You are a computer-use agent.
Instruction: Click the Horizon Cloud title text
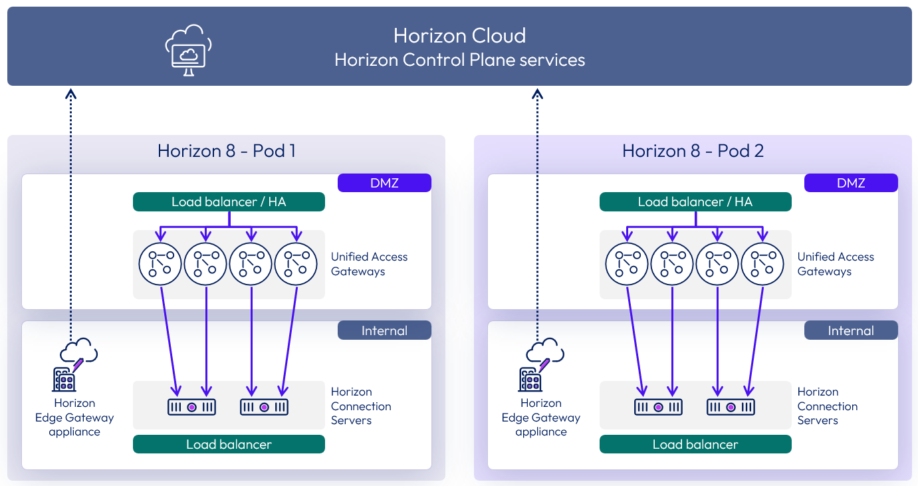click(459, 35)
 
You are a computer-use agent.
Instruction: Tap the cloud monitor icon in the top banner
click(188, 49)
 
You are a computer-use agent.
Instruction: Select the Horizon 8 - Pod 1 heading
click(227, 151)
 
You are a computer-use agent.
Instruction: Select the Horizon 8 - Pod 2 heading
click(693, 151)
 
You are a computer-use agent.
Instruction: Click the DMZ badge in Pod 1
click(384, 183)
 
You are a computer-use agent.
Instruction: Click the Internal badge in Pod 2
click(851, 330)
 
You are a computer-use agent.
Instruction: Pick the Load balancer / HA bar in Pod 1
click(229, 202)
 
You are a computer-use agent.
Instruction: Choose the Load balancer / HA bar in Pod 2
click(695, 202)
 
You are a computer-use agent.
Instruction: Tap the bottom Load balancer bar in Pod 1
click(229, 444)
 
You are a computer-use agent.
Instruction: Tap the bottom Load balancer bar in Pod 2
click(695, 444)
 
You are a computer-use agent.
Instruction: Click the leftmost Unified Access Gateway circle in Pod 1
click(160, 264)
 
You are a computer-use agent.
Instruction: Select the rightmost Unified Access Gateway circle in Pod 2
click(762, 264)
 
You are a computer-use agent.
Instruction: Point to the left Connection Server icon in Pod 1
click(191, 407)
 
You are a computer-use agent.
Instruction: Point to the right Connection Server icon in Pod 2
click(731, 407)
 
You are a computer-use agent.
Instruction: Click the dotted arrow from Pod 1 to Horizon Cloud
click(71, 213)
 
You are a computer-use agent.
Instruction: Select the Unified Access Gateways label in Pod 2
click(835, 264)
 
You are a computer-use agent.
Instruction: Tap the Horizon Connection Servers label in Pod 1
click(361, 406)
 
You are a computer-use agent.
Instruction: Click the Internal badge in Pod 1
click(384, 330)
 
